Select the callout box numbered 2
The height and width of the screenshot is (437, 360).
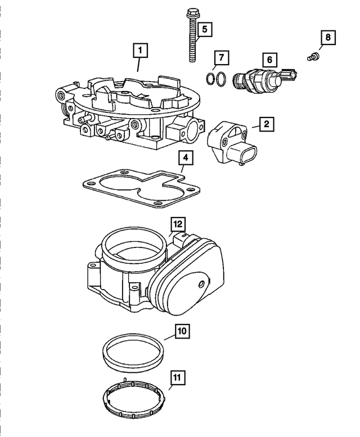pyautogui.click(x=267, y=124)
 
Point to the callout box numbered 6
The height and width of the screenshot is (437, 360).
pyautogui.click(x=269, y=58)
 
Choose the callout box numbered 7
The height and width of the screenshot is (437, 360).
pyautogui.click(x=222, y=57)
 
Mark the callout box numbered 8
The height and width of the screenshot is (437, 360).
pyautogui.click(x=327, y=38)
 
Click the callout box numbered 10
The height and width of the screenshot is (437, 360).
pyautogui.click(x=182, y=331)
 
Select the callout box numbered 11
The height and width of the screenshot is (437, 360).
pyautogui.click(x=176, y=377)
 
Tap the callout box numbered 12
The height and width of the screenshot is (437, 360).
pyautogui.click(x=178, y=224)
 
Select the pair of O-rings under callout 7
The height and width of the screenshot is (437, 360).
pyautogui.click(x=215, y=80)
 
